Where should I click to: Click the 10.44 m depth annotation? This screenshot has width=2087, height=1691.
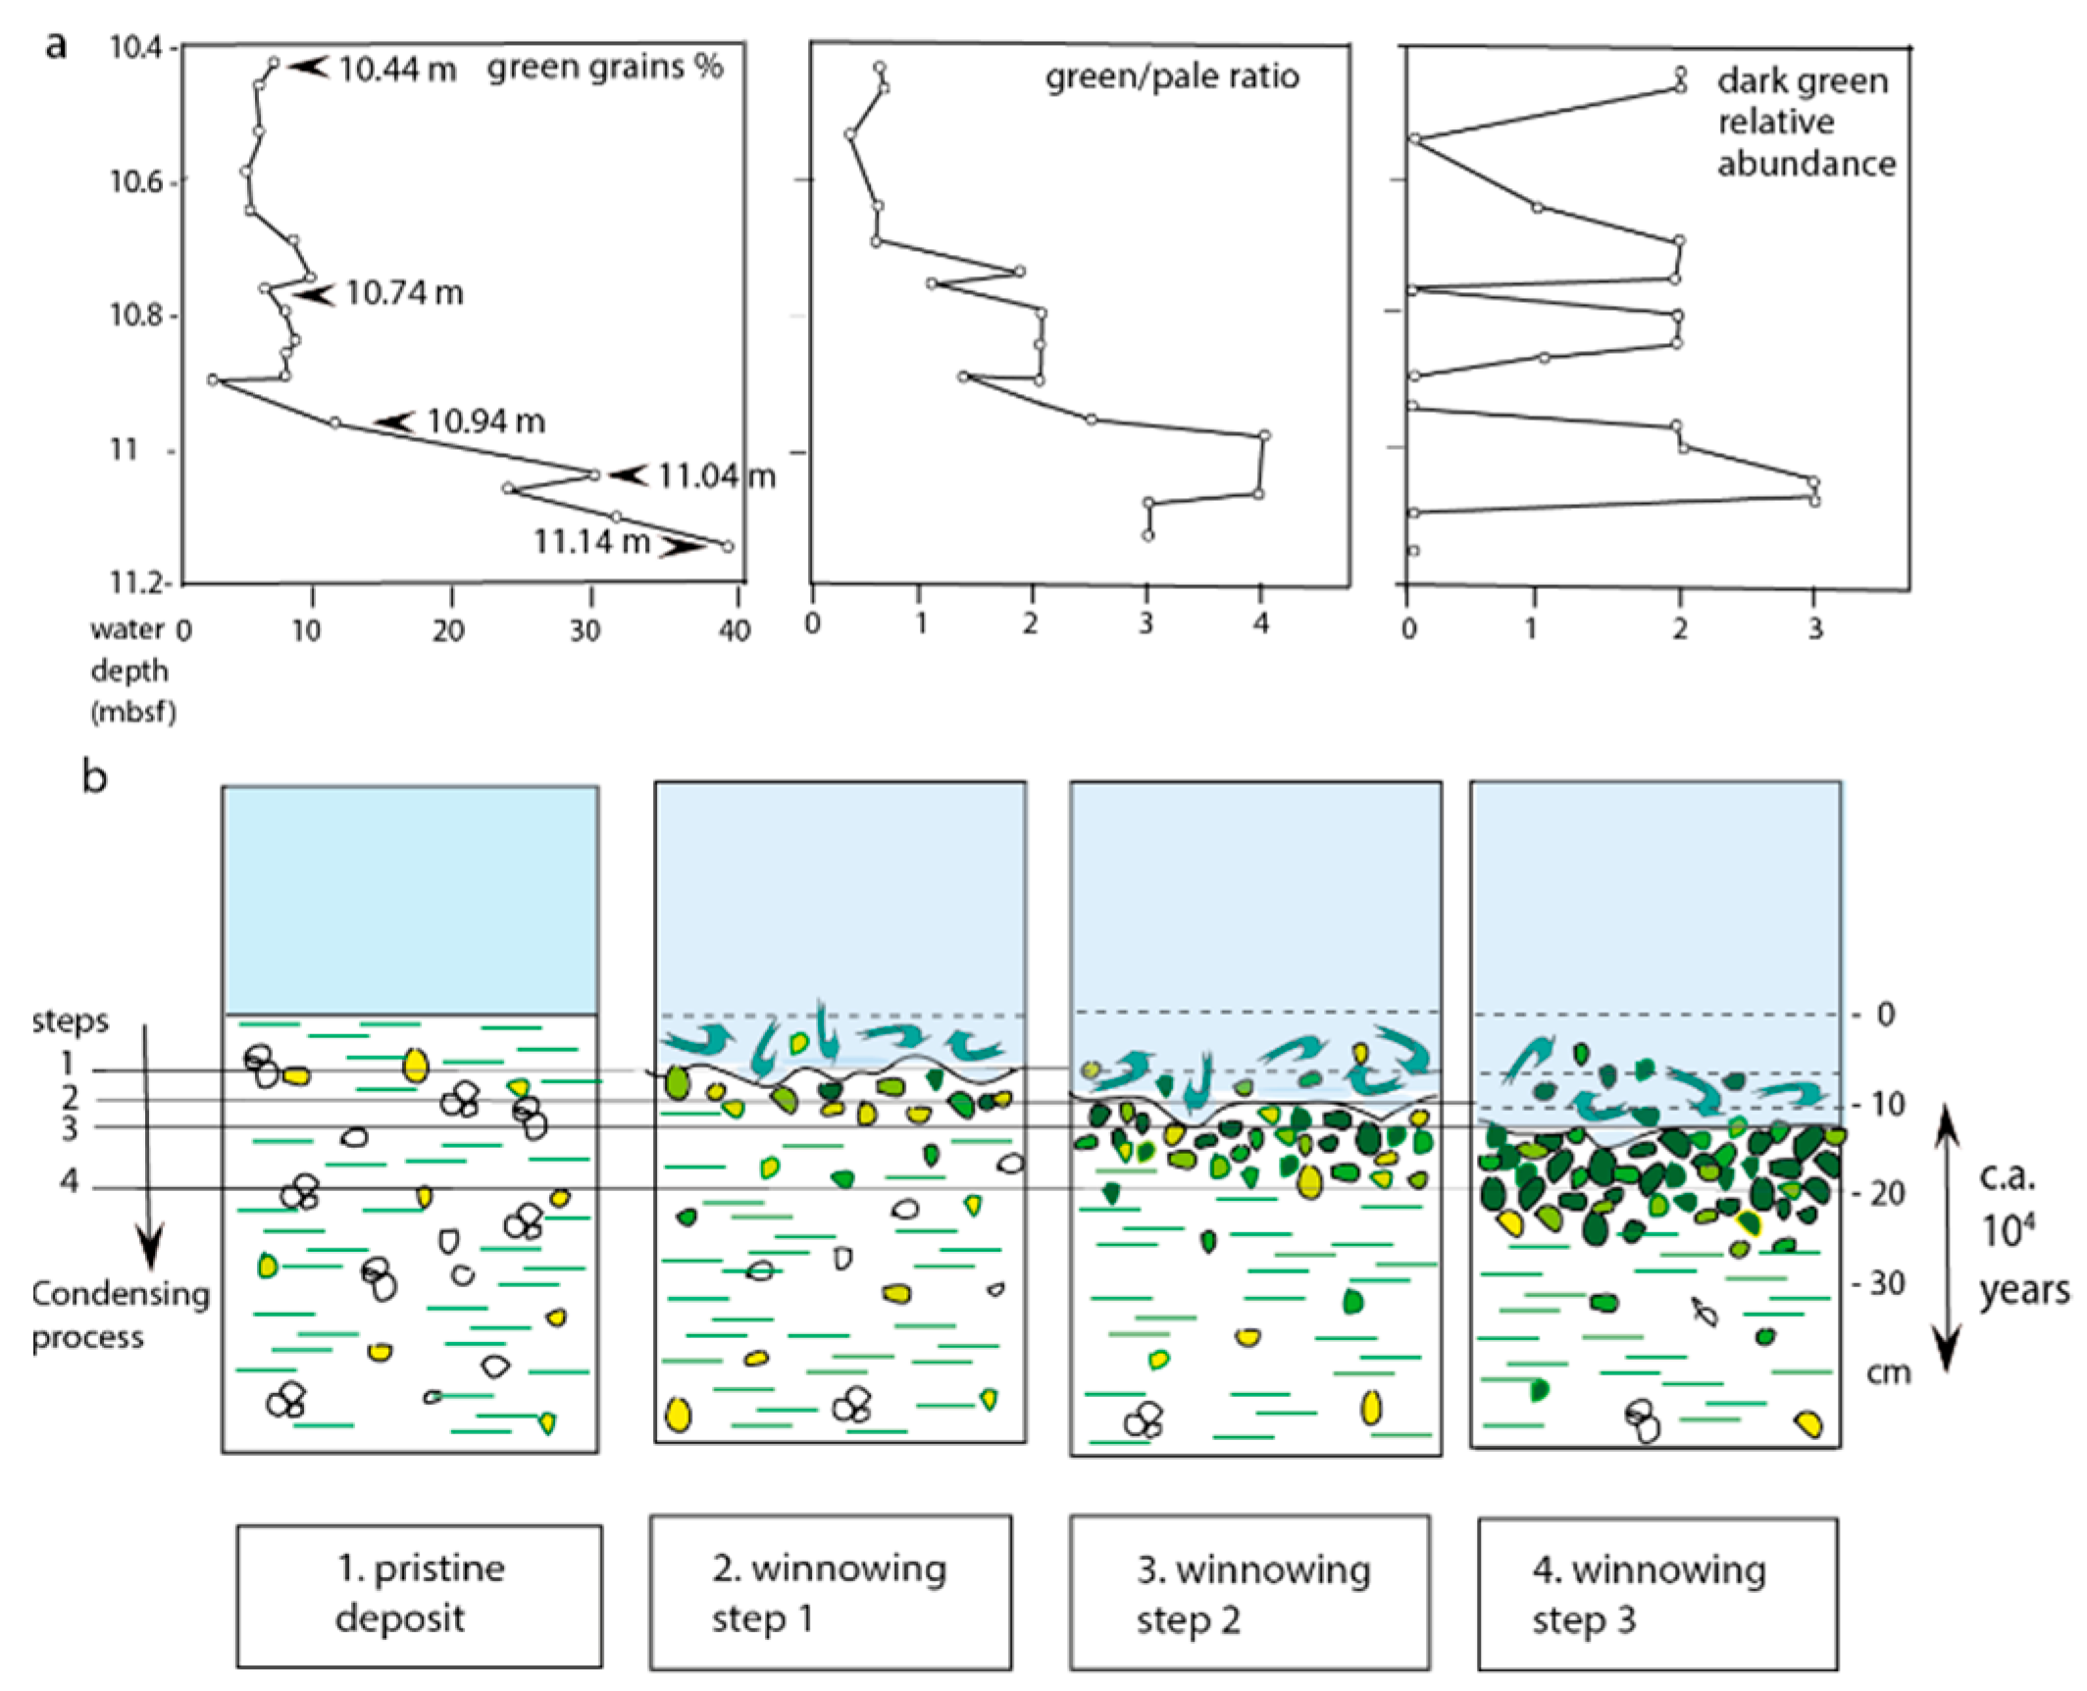(397, 69)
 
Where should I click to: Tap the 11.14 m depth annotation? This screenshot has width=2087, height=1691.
(591, 541)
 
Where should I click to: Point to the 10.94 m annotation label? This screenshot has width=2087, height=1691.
(485, 422)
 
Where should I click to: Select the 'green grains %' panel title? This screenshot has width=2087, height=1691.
(605, 67)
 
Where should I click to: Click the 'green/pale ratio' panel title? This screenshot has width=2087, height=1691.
(1172, 76)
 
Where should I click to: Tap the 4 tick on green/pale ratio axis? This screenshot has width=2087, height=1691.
(1261, 624)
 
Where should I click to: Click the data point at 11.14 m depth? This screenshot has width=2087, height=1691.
(728, 547)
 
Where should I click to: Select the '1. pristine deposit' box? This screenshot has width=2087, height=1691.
(420, 1595)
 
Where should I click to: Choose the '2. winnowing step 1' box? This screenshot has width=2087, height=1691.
(831, 1593)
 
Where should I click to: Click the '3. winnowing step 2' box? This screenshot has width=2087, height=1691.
(1249, 1594)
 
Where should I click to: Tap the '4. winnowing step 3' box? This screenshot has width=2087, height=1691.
(1657, 1594)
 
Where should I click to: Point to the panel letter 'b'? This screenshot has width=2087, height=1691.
(94, 778)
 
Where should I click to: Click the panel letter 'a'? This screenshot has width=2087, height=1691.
(57, 45)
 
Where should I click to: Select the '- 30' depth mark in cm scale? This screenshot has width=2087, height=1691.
(1878, 1283)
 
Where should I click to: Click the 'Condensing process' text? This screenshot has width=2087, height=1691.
(121, 1316)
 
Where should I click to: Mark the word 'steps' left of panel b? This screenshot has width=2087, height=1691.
(70, 1021)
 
